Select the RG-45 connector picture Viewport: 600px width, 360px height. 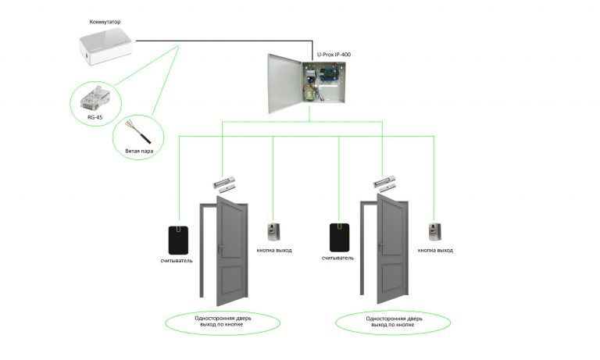click(93, 98)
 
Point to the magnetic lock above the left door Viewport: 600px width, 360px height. click(225, 183)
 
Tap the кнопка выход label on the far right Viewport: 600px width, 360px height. click(435, 251)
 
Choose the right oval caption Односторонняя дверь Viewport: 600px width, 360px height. click(392, 323)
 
